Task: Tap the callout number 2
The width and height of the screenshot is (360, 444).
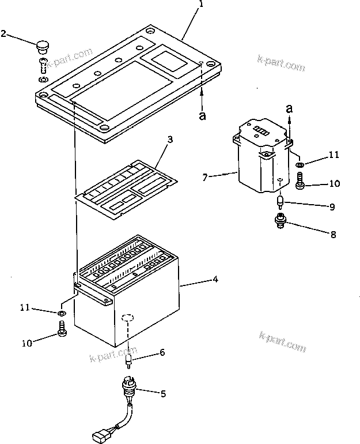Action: pos(4,34)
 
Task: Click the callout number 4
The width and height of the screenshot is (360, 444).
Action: pos(215,280)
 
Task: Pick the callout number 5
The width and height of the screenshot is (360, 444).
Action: pos(163,394)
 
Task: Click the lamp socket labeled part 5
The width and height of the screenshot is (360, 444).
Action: pos(130,386)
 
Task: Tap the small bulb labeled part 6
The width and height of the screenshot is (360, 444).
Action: pos(129,362)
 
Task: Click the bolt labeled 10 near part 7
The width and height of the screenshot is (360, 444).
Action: pos(300,185)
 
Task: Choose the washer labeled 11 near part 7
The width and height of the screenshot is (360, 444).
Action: pos(300,165)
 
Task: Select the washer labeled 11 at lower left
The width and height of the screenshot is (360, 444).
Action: pos(62,313)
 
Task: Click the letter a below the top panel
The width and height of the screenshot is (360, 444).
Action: pos(202,116)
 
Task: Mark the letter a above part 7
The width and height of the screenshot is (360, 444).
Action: pos(289,108)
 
